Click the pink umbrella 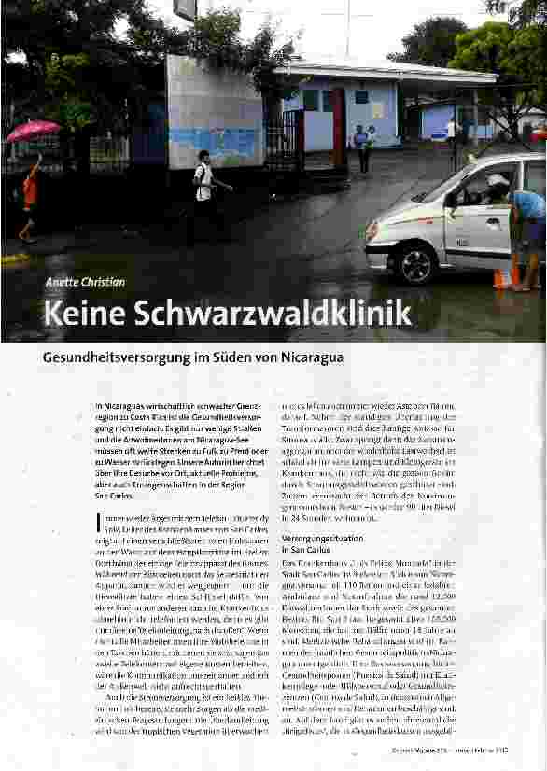point(32,130)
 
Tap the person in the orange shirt point(30,191)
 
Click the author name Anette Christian point(85,282)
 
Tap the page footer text point(463,759)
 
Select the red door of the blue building point(339,127)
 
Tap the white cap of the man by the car point(498,180)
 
